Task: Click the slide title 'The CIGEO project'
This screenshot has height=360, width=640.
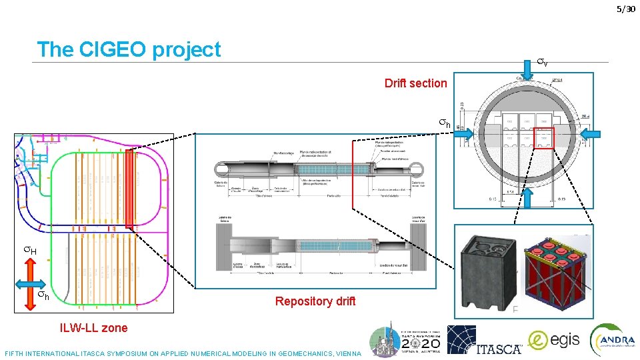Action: coord(129,49)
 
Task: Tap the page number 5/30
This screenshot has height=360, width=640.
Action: coord(626,9)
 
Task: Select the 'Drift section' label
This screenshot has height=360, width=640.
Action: coord(415,83)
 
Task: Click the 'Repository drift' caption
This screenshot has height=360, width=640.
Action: coord(315,301)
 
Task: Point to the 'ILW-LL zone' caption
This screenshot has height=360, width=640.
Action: coord(93,327)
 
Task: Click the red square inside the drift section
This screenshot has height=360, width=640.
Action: coord(543,138)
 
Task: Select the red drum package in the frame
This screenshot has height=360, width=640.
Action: coord(555,271)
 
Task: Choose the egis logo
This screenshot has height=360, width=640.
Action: coord(554,341)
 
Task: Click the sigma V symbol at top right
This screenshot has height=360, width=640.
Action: coord(543,63)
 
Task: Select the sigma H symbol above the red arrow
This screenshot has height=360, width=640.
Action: coord(29,251)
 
